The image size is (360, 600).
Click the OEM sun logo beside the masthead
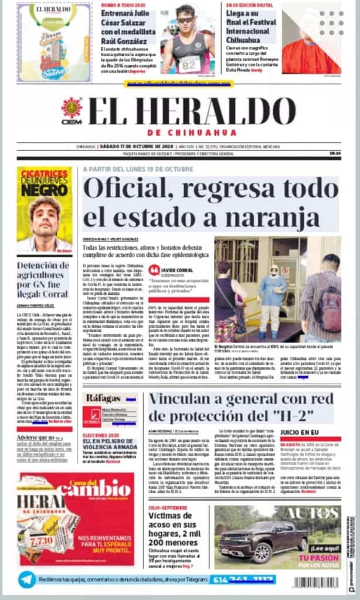pos(72,108)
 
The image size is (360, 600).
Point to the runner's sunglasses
pos(185,20)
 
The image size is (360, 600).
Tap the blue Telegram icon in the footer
pos(26,579)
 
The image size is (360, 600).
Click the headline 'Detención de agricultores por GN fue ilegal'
pos(44,279)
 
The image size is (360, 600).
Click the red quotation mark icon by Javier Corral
pos(154,270)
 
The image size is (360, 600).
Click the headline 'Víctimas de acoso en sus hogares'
pos(176,530)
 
